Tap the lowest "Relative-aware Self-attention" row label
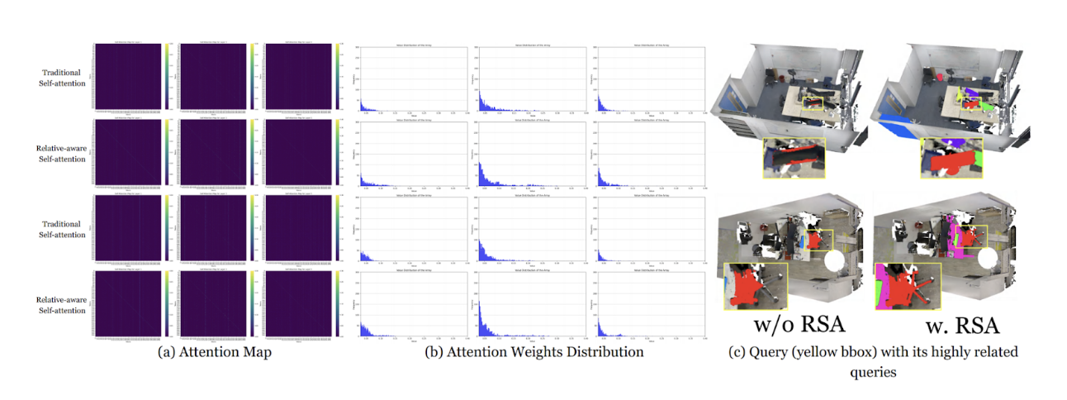tap(61, 305)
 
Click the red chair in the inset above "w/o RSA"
tap(749, 285)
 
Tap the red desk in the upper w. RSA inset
tap(941, 162)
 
